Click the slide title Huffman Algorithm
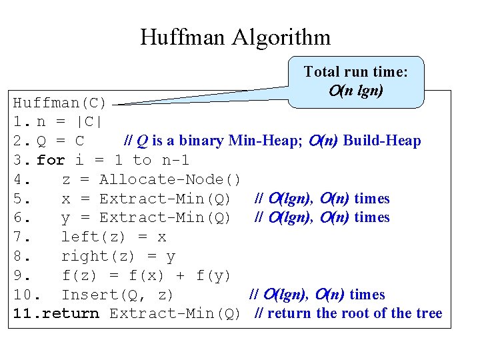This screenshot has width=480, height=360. click(x=235, y=37)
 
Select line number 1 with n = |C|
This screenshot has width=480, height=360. click(x=19, y=122)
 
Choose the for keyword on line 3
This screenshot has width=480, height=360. click(x=51, y=160)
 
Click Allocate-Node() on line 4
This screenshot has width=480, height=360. click(x=170, y=179)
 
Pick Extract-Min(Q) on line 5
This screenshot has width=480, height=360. click(x=165, y=199)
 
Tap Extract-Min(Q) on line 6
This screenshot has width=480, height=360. click(x=165, y=217)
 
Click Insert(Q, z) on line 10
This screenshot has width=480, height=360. click(x=117, y=295)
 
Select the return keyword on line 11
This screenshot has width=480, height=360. click(x=70, y=313)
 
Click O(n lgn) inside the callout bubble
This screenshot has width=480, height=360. click(x=355, y=91)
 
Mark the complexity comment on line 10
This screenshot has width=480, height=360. click(x=317, y=295)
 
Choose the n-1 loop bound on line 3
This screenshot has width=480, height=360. click(x=175, y=160)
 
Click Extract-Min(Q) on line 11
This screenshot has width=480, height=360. click(x=175, y=313)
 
